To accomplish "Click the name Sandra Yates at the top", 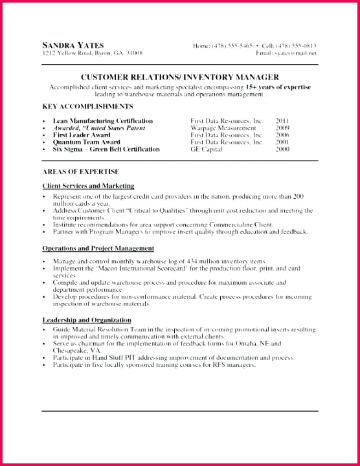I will [x=73, y=45].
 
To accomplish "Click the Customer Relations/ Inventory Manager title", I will [x=179, y=76].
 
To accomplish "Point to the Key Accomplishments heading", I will [x=87, y=105].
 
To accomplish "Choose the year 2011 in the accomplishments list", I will [x=282, y=120].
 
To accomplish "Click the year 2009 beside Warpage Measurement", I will [x=282, y=128].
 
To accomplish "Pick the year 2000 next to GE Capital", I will [x=282, y=149].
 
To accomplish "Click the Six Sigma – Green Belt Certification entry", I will [x=106, y=149].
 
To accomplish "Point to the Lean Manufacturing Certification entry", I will [x=102, y=120].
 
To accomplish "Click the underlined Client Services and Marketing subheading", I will [x=88, y=186].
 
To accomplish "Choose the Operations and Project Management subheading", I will [x=98, y=248].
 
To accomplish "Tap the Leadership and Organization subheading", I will [x=87, y=320].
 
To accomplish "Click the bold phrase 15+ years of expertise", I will [x=278, y=86].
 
